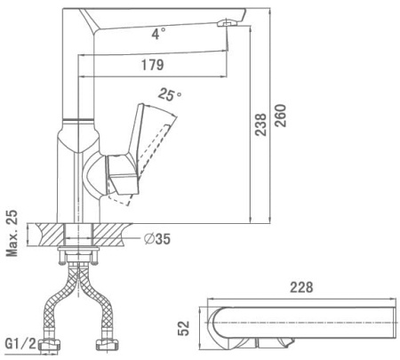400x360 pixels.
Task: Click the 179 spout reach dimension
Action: pos(152,65)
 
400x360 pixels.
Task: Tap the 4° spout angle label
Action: pos(158,34)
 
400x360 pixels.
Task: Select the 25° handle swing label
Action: pos(169,95)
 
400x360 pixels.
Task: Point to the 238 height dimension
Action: pos(261,124)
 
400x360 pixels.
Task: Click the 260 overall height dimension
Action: pos(281,116)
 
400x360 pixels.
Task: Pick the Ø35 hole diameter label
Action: pos(157,238)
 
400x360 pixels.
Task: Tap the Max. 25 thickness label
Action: pos(12,233)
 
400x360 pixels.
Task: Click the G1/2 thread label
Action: pos(21,344)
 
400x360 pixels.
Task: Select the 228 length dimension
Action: pos(301,287)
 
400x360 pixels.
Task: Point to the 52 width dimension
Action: pos(183,328)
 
